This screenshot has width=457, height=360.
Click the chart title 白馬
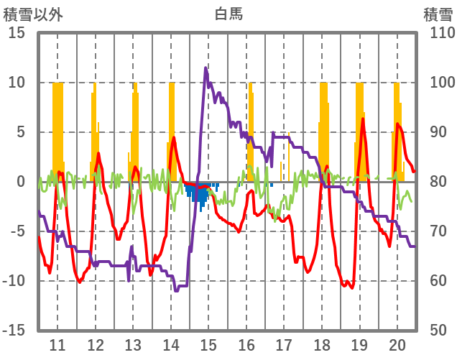pos(228,13)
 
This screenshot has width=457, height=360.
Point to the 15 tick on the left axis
pos(17,33)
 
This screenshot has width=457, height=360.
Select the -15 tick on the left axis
pos(14,331)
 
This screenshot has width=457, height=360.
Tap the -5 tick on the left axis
pos(17,231)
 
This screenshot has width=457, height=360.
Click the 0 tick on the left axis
pos(21,182)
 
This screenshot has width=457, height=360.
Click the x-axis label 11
pos(57,345)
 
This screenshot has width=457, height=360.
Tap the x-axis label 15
pos(208,345)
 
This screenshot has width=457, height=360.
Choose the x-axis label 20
pos(397,345)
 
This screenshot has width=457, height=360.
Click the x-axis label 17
pos(284,345)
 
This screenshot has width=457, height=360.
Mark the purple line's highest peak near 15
pos(206,68)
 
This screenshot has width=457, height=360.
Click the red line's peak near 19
pos(364,119)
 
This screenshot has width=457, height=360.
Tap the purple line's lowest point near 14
pos(176,290)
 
